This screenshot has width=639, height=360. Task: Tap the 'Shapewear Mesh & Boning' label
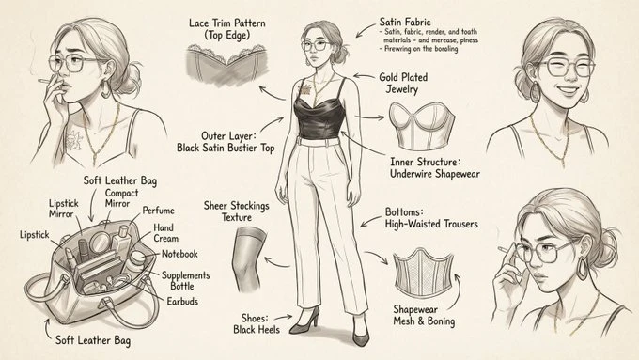click(422, 315)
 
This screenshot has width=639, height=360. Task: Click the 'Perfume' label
click(157, 209)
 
